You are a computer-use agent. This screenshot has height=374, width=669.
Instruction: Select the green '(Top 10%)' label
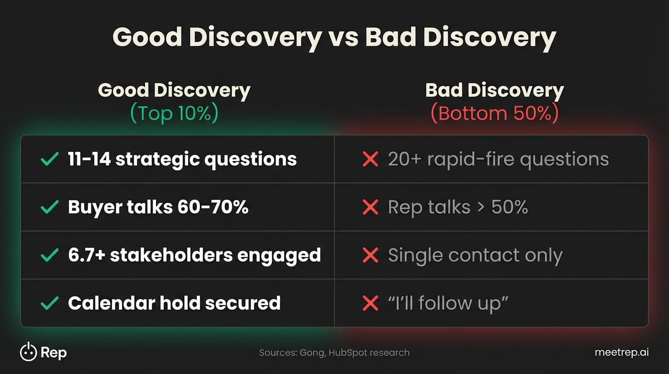pyautogui.click(x=174, y=113)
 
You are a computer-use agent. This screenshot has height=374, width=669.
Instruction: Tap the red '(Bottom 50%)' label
pyautogui.click(x=494, y=113)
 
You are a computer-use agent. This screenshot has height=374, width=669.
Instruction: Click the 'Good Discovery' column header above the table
pyautogui.click(x=174, y=91)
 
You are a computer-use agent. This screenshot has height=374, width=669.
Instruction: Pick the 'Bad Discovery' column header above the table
pyautogui.click(x=494, y=91)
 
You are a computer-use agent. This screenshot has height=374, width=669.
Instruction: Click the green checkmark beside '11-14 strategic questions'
pyautogui.click(x=50, y=159)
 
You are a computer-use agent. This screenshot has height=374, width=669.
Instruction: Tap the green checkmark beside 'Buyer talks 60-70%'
pyautogui.click(x=50, y=207)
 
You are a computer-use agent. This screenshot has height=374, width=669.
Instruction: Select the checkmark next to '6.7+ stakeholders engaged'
pyautogui.click(x=50, y=255)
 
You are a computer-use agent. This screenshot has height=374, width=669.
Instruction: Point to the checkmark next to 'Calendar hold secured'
pyautogui.click(x=50, y=303)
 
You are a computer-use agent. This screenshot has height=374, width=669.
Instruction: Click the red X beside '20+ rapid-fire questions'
pyautogui.click(x=370, y=159)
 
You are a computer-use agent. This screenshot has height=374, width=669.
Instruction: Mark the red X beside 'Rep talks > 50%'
pyautogui.click(x=370, y=207)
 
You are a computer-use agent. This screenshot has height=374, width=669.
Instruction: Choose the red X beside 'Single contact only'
pyautogui.click(x=370, y=255)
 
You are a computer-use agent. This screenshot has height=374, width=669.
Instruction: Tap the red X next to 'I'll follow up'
pyautogui.click(x=370, y=303)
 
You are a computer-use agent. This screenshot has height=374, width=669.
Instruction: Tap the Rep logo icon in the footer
pyautogui.click(x=28, y=352)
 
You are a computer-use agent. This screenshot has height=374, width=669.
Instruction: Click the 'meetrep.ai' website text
pyautogui.click(x=621, y=353)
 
